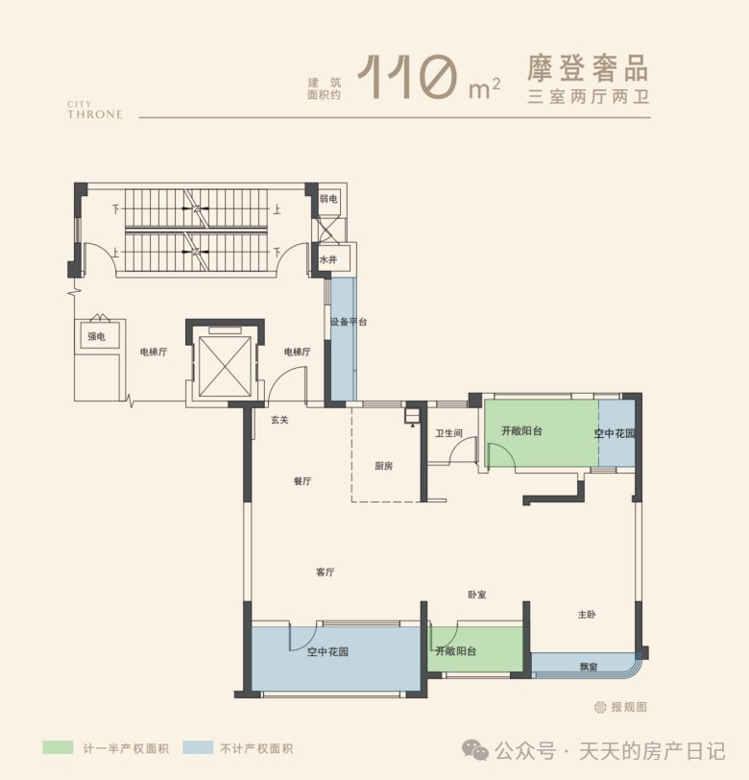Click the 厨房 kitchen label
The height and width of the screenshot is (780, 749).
383,466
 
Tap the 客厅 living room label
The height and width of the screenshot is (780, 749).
325,573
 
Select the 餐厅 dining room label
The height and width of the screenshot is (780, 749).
302,481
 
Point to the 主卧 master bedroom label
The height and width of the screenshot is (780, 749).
587,615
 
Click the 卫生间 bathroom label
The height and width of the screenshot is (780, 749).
448,433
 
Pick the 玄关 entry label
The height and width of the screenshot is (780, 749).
279,420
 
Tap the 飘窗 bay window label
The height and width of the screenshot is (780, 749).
589,667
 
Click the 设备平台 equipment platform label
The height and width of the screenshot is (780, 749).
349,322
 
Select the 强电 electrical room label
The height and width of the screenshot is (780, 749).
96,337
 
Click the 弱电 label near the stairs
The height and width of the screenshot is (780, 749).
328,199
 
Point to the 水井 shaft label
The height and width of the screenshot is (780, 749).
328,259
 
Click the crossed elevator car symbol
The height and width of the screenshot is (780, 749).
225,366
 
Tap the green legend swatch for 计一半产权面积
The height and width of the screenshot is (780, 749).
58,747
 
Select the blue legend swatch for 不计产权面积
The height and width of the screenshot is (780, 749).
198,747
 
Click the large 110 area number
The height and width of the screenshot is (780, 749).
408,77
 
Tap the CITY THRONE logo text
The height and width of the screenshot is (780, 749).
95,110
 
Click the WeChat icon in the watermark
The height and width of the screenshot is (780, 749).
475,750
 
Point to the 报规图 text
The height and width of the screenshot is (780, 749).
629,707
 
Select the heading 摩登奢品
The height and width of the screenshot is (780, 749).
589,68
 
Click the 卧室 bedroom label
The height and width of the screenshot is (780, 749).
477,595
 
